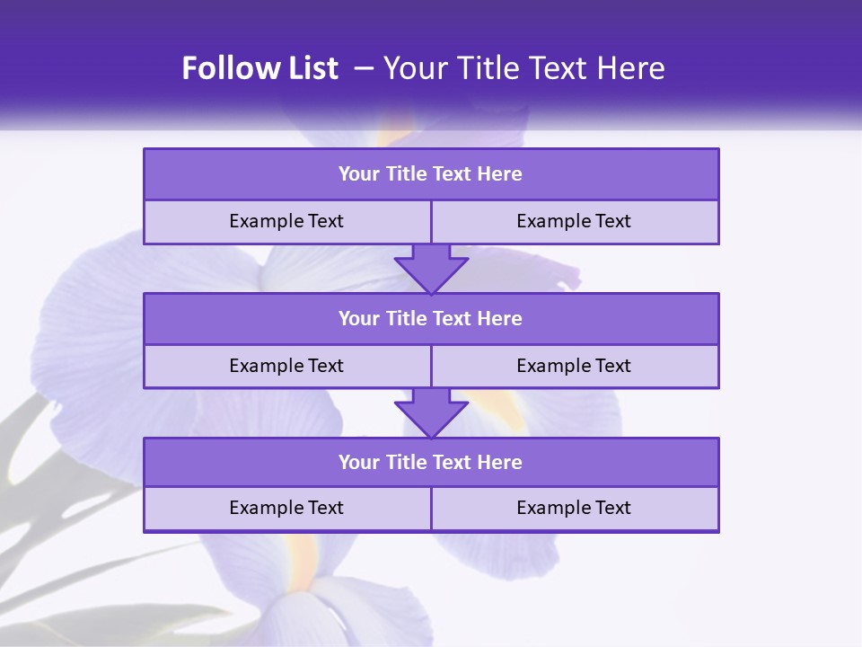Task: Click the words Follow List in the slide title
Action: pos(259,69)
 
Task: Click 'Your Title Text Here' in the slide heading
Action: pos(523,69)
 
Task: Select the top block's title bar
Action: pos(431,174)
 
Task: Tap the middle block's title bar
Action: pos(431,319)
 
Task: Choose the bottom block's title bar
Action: pos(431,463)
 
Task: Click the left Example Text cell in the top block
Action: pos(286,222)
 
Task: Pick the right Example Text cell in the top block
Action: pos(574,222)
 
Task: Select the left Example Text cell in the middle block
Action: pos(286,367)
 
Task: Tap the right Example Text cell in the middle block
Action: pos(574,367)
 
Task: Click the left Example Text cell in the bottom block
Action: pos(286,509)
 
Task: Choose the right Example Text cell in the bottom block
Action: pos(574,509)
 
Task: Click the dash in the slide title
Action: pos(364,69)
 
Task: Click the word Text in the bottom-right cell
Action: pos(611,509)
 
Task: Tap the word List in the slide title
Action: pos(307,69)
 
